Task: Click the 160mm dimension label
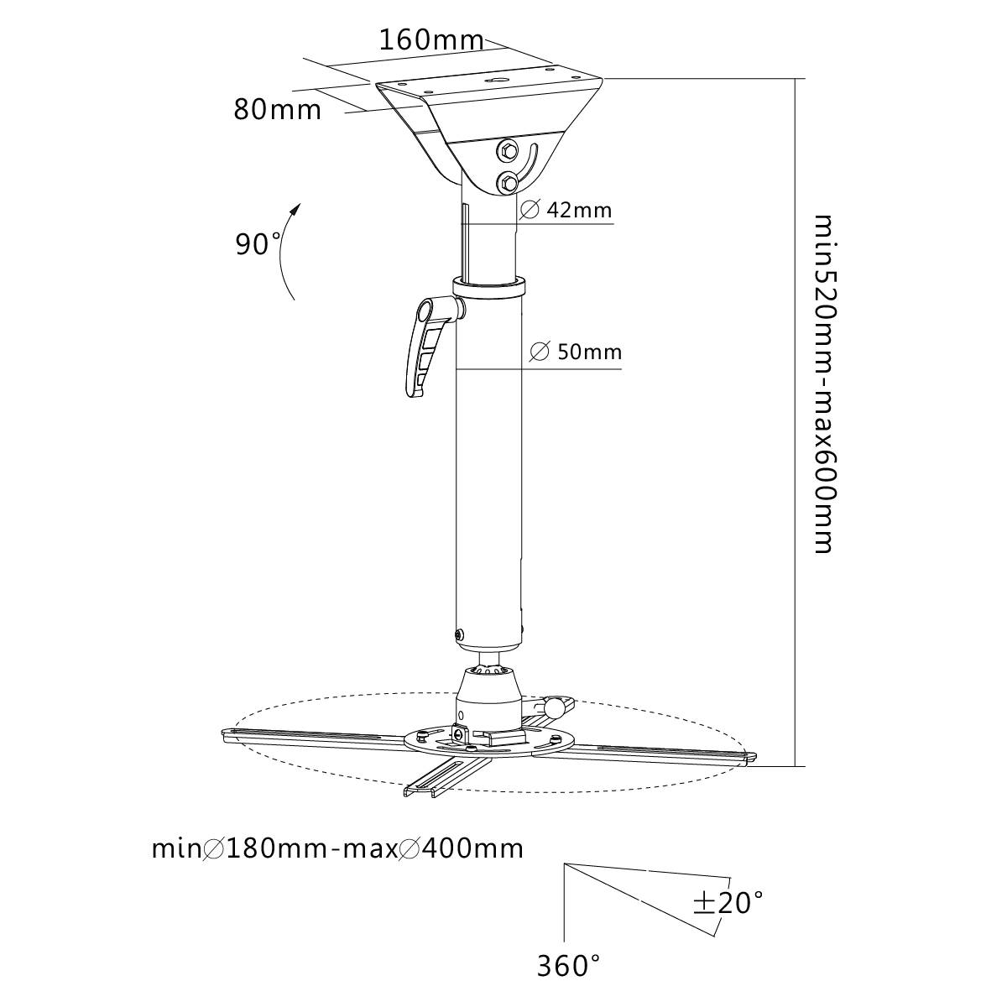point(431,39)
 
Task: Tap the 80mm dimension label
point(277,110)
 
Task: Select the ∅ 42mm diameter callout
point(566,210)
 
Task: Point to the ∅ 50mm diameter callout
point(577,352)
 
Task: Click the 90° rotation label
point(258,244)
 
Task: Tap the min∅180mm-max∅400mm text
point(337,848)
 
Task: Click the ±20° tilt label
point(728,903)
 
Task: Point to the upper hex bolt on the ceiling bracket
point(507,152)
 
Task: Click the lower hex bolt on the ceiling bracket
point(506,180)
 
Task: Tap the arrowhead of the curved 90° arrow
point(295,207)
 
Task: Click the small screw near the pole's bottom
point(459,634)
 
